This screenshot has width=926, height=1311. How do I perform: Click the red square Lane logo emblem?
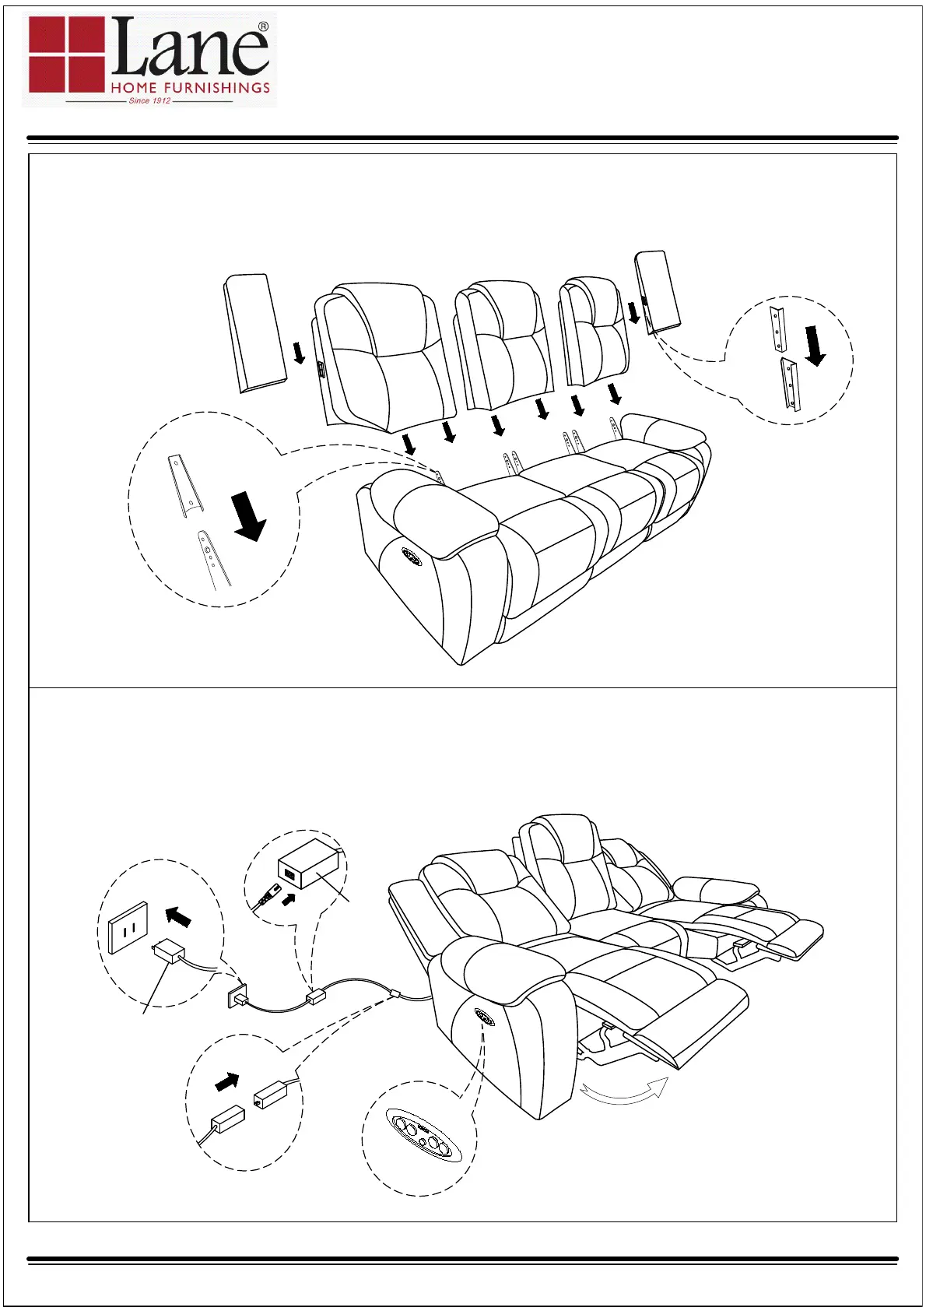pyautogui.click(x=66, y=54)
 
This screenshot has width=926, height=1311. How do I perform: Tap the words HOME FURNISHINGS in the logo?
pyautogui.click(x=191, y=88)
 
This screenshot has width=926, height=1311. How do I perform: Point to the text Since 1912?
pyautogui.click(x=150, y=100)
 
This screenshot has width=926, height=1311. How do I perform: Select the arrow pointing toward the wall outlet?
pyautogui.click(x=179, y=916)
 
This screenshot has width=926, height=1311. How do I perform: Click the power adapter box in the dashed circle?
pyautogui.click(x=308, y=864)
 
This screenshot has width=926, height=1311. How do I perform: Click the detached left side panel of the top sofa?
pyautogui.click(x=254, y=332)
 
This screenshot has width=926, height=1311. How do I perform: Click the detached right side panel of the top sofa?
pyautogui.click(x=658, y=291)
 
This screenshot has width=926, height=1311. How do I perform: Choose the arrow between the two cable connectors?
pyautogui.click(x=227, y=1082)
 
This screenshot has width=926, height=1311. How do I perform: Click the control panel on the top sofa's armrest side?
pyautogui.click(x=412, y=556)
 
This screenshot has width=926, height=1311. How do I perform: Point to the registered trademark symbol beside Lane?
pyautogui.click(x=263, y=26)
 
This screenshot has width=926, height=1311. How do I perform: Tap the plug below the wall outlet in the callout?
pyautogui.click(x=169, y=952)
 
